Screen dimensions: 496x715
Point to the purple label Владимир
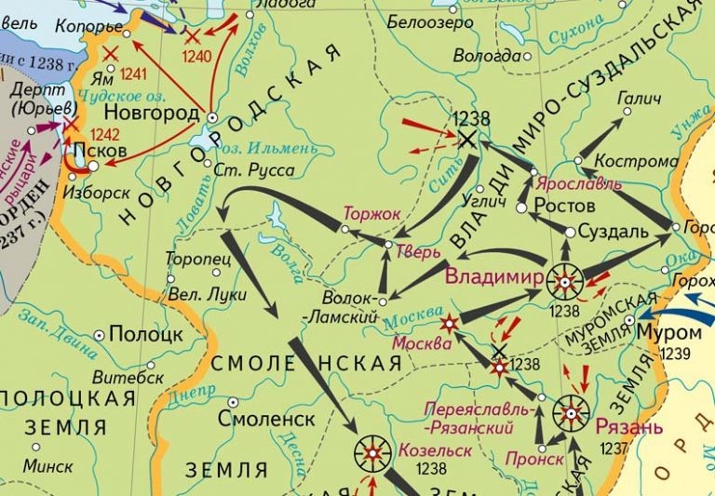point(494,277)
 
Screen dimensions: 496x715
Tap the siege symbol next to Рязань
point(570,410)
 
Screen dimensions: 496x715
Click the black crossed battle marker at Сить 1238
point(465,140)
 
